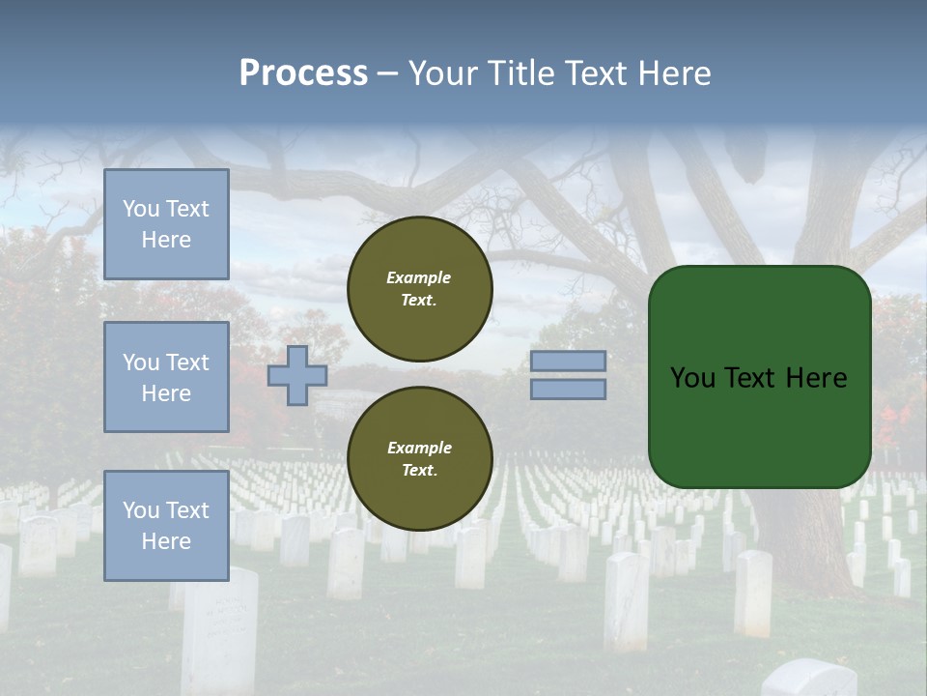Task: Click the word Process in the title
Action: pos(303,73)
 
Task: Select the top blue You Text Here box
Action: pos(166,224)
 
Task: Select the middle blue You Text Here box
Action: pos(166,377)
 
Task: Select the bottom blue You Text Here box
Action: pos(166,526)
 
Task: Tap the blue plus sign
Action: pos(297,375)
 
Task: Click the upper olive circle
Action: pos(420,289)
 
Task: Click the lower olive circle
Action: pos(420,459)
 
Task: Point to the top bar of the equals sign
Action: pos(569,361)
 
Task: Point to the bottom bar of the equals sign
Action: pos(569,389)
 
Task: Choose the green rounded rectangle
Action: pos(759,425)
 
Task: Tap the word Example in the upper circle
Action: pos(419,277)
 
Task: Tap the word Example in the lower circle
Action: pos(419,448)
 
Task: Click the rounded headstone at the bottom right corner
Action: pos(808,679)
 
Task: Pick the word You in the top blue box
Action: pos(141,209)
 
